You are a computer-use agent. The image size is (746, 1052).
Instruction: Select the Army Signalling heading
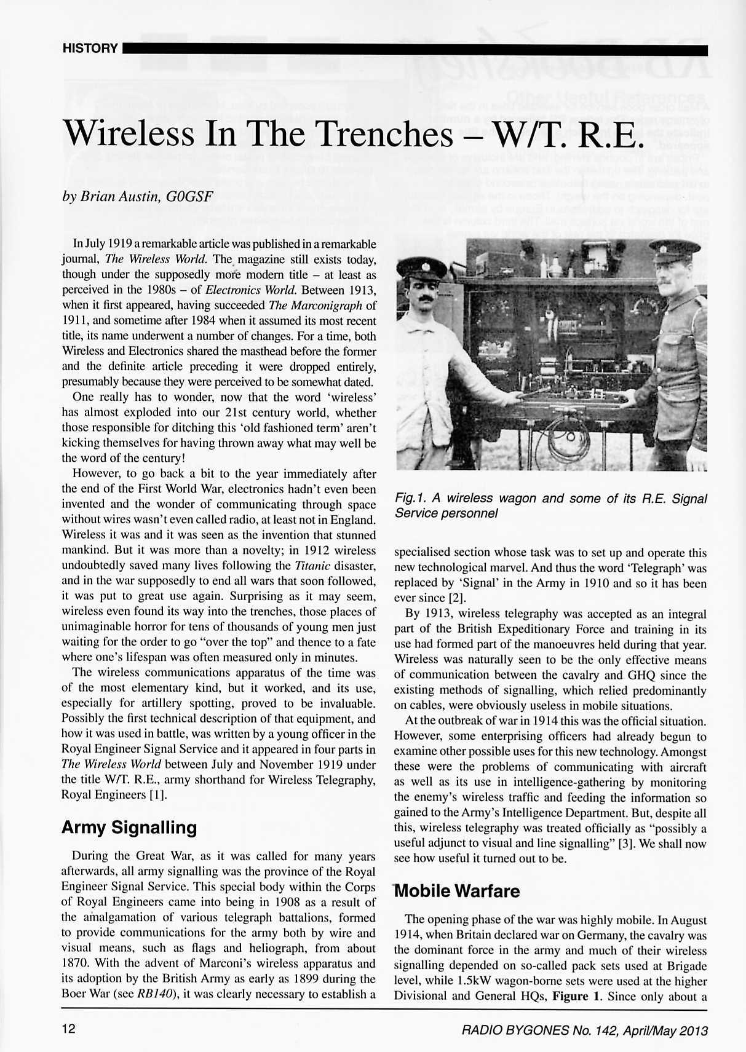[129, 828]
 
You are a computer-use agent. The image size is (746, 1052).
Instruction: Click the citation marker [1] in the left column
[155, 795]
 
